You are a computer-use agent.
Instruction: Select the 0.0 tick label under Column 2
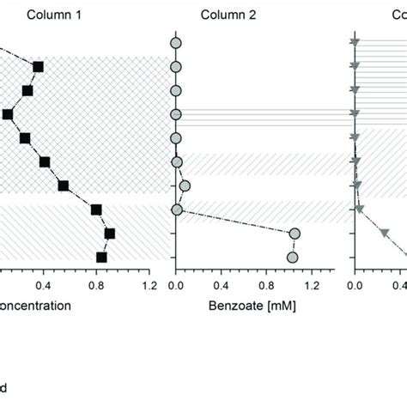pyautogui.click(x=176, y=283)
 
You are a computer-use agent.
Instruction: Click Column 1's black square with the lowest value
pyautogui.click(x=8, y=114)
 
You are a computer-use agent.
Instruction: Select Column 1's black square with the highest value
pyautogui.click(x=109, y=233)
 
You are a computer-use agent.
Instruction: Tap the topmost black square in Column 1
pyautogui.click(x=38, y=66)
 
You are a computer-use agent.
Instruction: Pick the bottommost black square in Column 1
pyautogui.click(x=101, y=257)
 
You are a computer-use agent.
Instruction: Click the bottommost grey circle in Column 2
pyautogui.click(x=292, y=257)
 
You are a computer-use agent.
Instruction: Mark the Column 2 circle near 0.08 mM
pyautogui.click(x=185, y=185)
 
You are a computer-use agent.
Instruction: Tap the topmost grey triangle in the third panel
pyautogui.click(x=355, y=42)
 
